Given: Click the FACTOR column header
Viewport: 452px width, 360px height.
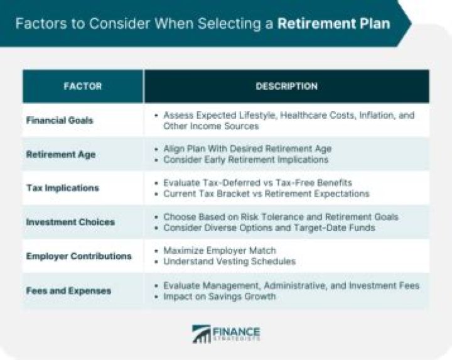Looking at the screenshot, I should click(82, 86).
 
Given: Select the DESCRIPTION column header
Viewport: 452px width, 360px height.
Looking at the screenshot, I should click(286, 86).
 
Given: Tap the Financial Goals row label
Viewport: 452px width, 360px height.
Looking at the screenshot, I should click(60, 120).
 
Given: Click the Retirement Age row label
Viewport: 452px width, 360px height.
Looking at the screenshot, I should click(60, 154).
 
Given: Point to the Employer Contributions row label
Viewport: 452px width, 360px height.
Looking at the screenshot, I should click(78, 256).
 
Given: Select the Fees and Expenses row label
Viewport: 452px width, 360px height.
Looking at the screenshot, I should click(68, 290).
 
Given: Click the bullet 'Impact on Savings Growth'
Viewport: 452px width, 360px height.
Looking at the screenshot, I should click(219, 296).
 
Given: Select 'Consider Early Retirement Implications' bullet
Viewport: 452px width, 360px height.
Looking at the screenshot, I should click(245, 160).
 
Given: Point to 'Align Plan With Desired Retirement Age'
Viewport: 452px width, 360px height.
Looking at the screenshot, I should click(247, 149).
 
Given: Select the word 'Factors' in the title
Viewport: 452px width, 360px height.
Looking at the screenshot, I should click(37, 25).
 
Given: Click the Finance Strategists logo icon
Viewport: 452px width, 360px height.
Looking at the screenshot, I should click(202, 334).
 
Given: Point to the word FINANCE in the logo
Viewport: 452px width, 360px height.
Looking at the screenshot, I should click(237, 330).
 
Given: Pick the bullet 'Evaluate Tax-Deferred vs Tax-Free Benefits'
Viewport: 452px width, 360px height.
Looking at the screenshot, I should click(257, 183).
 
